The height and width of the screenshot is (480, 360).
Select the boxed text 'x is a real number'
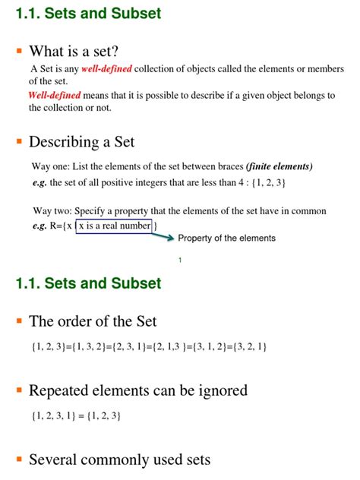[x=113, y=226]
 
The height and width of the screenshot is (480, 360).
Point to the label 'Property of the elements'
[x=226, y=238]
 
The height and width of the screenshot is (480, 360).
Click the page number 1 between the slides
[x=180, y=261]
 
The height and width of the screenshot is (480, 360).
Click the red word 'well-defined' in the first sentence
[x=106, y=69]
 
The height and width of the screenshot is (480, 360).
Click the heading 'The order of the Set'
[x=93, y=321]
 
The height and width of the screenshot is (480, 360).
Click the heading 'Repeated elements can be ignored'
[x=137, y=390]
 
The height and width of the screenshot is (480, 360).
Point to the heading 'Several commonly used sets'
[x=119, y=459]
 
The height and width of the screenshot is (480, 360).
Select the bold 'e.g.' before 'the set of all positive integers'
[x=39, y=183]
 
